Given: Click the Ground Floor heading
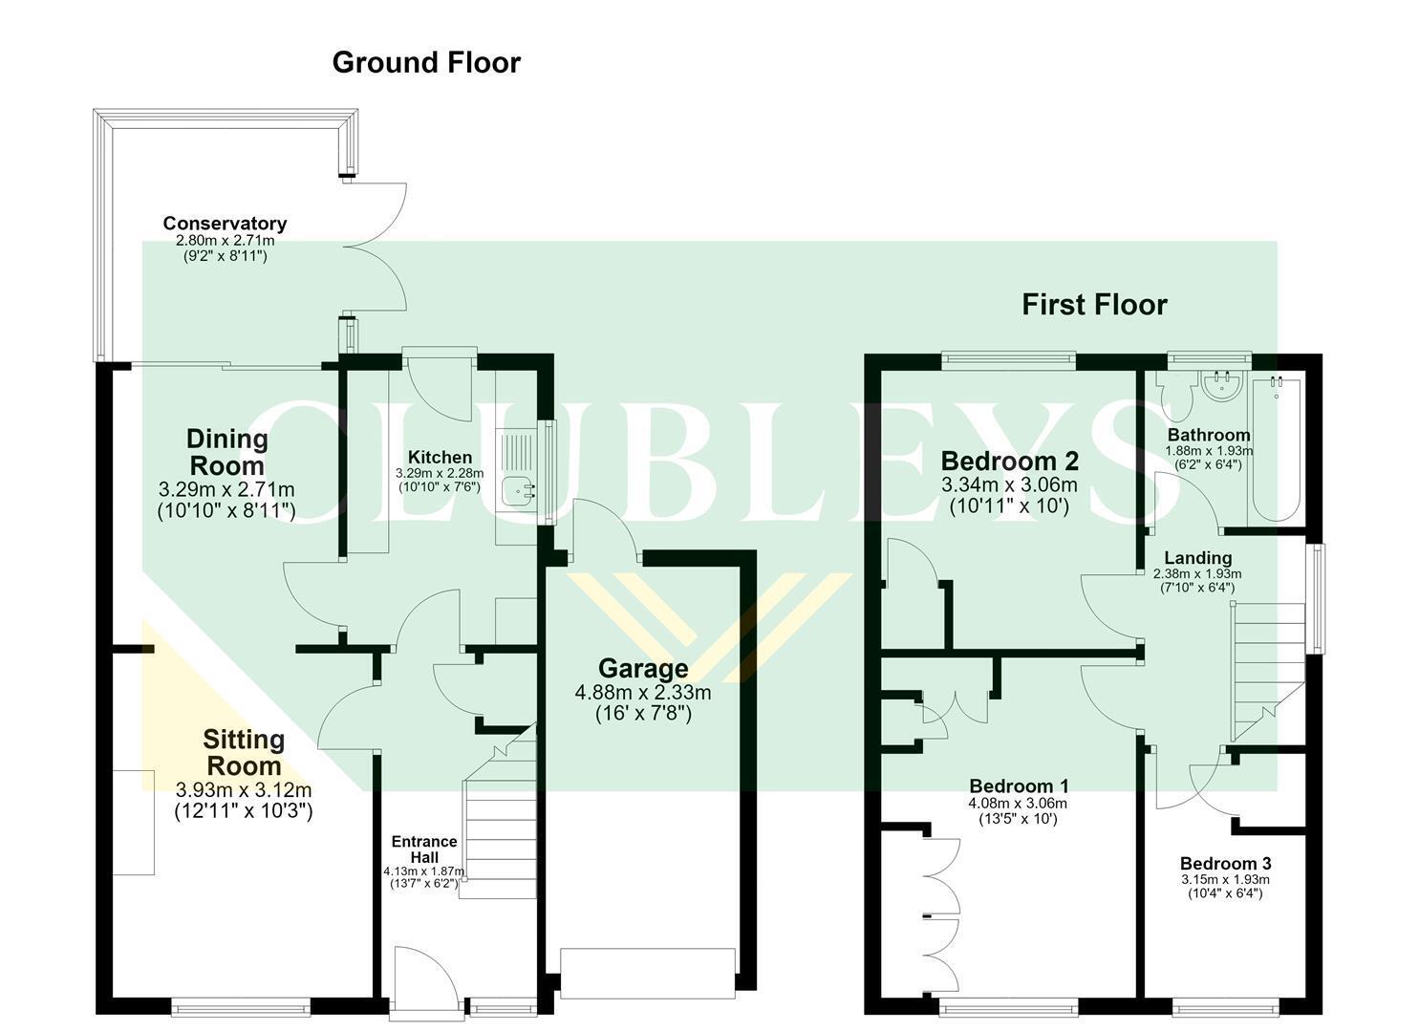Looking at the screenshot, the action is (x=426, y=63).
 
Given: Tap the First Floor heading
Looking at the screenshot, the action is (x=1094, y=305).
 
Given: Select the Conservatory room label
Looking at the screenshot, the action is (x=225, y=223).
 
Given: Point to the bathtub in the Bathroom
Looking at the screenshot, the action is (x=1276, y=449).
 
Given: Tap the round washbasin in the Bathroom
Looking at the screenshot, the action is (x=1222, y=386).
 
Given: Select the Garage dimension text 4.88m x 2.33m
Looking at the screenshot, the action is (x=643, y=693).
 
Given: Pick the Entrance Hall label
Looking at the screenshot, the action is (x=424, y=849).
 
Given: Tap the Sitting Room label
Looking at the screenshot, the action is (x=244, y=753).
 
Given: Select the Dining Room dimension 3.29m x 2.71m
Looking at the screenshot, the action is (x=226, y=489).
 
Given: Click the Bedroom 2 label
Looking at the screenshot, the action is (x=1009, y=462).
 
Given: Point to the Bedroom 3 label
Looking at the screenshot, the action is (x=1225, y=864).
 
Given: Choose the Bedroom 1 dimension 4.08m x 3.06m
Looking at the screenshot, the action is (x=1018, y=804).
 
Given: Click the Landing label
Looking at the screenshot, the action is (x=1198, y=558).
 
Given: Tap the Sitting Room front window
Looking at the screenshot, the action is (x=241, y=1006).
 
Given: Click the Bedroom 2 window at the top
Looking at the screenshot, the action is (x=1008, y=361).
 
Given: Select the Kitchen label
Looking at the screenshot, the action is (x=440, y=458).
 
